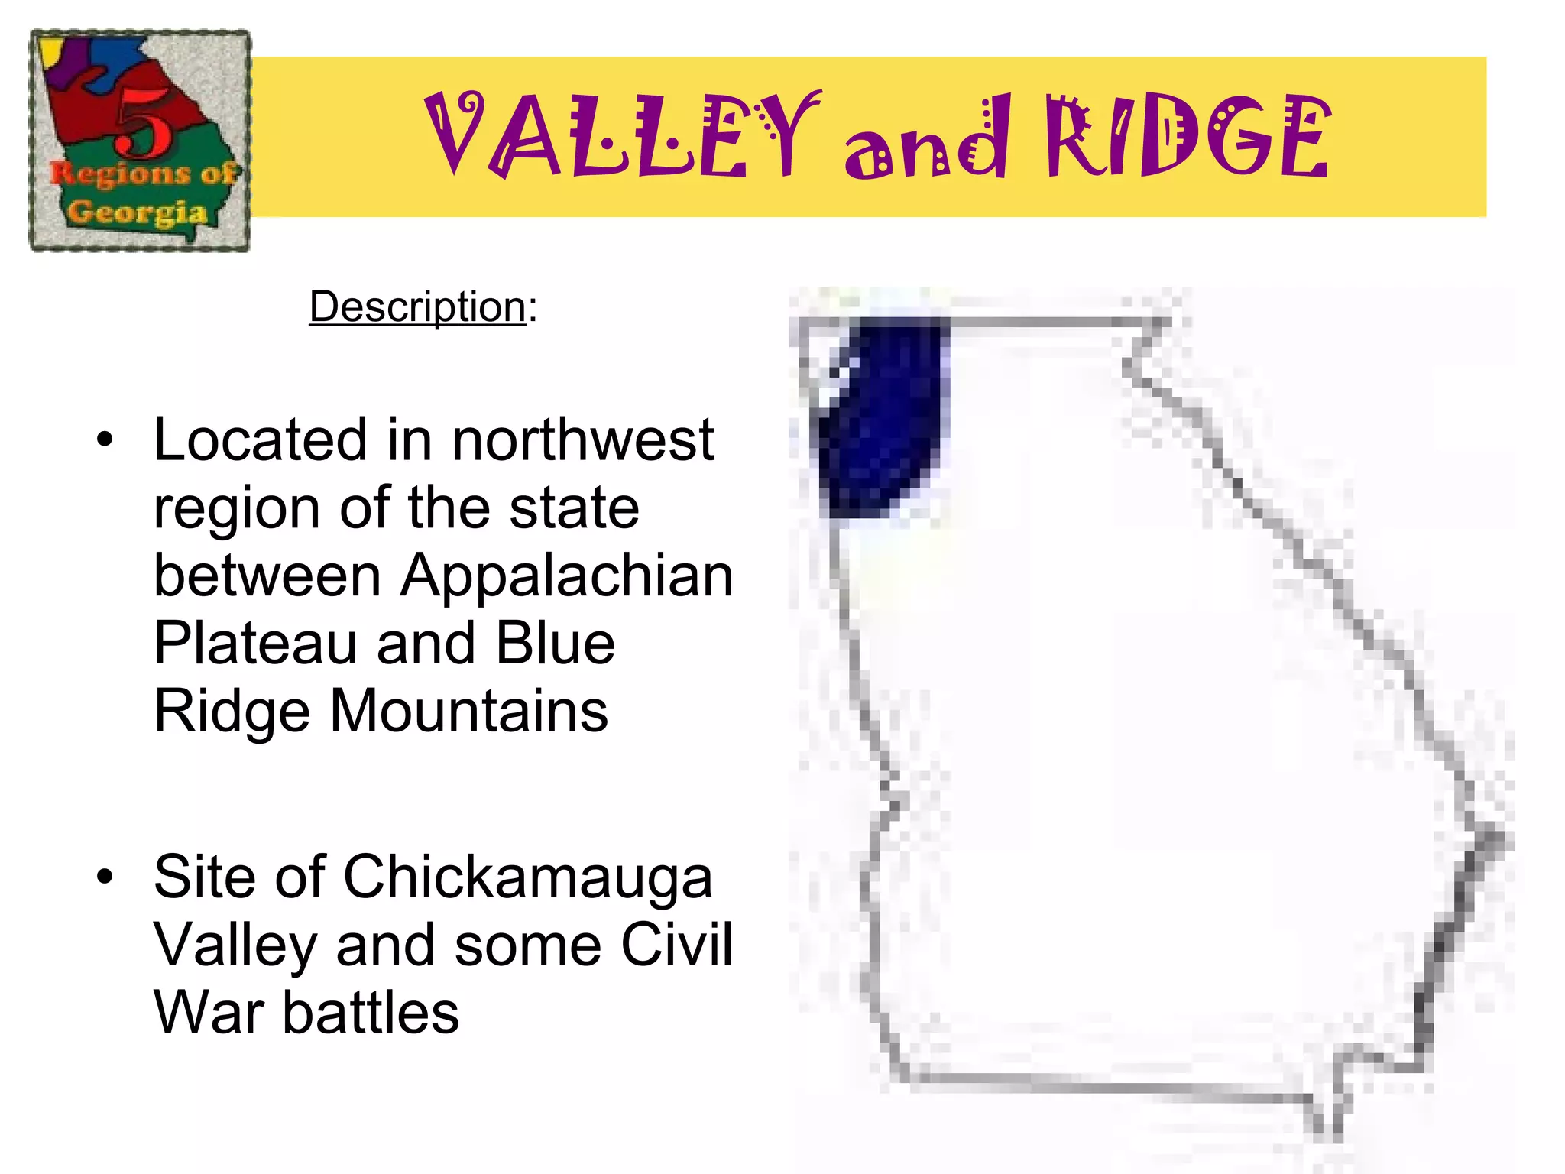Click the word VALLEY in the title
(x=620, y=136)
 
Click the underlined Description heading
(x=417, y=307)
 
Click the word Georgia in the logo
(x=138, y=212)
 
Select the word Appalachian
(x=567, y=575)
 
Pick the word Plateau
(x=255, y=643)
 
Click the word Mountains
(x=468, y=711)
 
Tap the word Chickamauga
(x=527, y=877)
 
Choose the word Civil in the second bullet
(x=676, y=945)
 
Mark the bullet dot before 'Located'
(x=105, y=440)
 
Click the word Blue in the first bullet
(x=555, y=643)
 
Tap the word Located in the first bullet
(x=261, y=440)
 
